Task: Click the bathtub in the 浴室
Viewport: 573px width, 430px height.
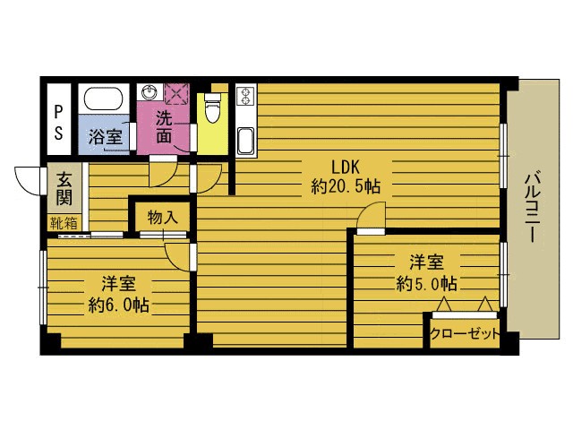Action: pyautogui.click(x=104, y=98)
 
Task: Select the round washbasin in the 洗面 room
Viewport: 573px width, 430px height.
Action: pyautogui.click(x=150, y=91)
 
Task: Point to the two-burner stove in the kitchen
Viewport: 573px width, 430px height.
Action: pyautogui.click(x=244, y=95)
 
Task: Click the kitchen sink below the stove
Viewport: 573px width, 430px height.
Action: pyautogui.click(x=245, y=142)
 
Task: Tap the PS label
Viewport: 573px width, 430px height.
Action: pyautogui.click(x=58, y=123)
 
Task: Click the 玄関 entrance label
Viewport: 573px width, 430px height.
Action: pyautogui.click(x=64, y=189)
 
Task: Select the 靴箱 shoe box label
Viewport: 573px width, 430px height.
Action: pyautogui.click(x=64, y=223)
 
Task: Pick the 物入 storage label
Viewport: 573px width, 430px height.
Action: pyautogui.click(x=163, y=218)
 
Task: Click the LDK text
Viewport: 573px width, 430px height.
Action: pyautogui.click(x=346, y=168)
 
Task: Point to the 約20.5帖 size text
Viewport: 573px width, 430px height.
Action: pyautogui.click(x=346, y=186)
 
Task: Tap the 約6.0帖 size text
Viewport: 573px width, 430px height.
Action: pyautogui.click(x=119, y=305)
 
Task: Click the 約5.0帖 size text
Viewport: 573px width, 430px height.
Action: pyautogui.click(x=426, y=283)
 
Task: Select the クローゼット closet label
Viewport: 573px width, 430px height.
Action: pyautogui.click(x=464, y=333)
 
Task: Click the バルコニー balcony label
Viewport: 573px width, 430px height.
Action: pyautogui.click(x=534, y=208)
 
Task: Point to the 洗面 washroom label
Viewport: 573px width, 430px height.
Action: pyautogui.click(x=164, y=126)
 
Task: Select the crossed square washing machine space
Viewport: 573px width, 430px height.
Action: pyautogui.click(x=176, y=93)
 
